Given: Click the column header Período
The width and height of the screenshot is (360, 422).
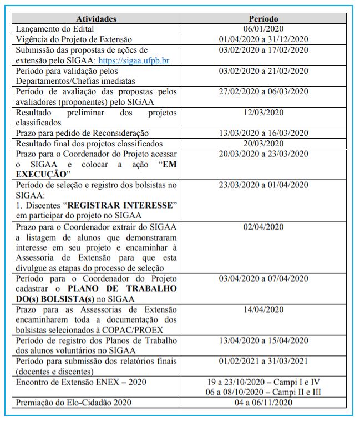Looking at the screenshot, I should [x=263, y=19].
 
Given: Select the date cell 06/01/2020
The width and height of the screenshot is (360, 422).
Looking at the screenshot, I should [x=263, y=29].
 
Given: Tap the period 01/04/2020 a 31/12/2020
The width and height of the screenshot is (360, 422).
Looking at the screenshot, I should [x=263, y=39].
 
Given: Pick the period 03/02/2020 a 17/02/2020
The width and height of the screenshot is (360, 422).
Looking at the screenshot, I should [x=263, y=50].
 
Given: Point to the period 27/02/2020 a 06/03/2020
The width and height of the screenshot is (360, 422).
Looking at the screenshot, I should [x=263, y=91].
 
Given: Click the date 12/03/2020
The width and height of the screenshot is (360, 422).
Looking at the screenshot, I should [x=263, y=113].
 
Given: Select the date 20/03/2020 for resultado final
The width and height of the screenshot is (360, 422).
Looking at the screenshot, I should [x=263, y=144].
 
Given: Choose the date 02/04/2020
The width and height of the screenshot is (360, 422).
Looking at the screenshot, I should [x=263, y=226].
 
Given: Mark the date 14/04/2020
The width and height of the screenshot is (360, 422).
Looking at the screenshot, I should [x=263, y=309].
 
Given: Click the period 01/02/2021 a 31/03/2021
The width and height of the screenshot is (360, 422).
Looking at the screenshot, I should [x=263, y=361].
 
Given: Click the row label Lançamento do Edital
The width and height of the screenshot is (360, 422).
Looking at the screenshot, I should [x=55, y=29].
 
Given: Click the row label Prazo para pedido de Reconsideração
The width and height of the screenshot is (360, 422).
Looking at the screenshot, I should [x=83, y=133].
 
